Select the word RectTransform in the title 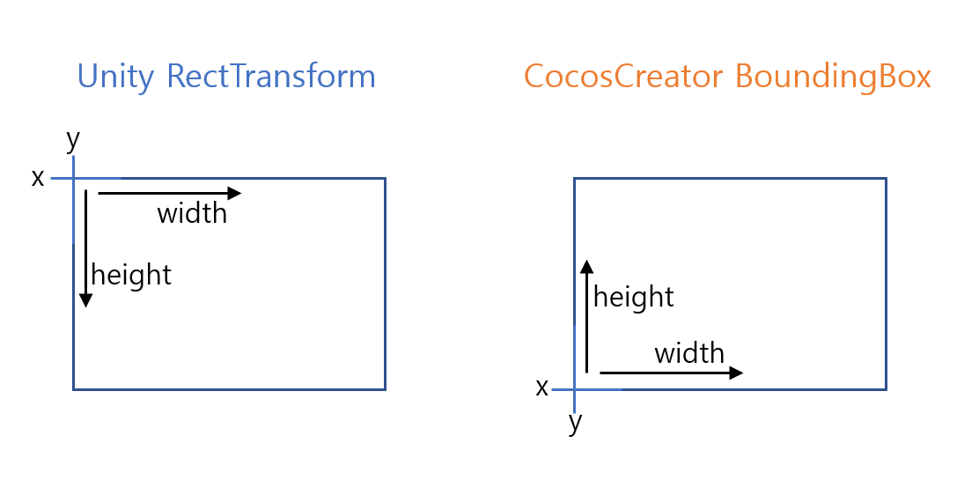pos(271,77)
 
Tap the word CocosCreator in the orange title pos(624,77)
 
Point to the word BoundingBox pos(833,77)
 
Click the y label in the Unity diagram pos(73,138)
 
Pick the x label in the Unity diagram pos(38,178)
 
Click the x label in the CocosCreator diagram pos(542,387)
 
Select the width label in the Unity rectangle pos(192,213)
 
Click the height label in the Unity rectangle pos(131,275)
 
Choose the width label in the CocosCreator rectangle pos(689,353)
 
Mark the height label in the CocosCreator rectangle pos(634,297)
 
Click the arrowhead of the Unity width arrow pos(235,193)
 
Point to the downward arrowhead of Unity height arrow pos(85,301)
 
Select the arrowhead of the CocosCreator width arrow pos(737,373)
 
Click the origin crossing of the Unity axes pos(73,178)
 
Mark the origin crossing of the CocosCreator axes pos(575,388)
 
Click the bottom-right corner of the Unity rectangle pos(385,388)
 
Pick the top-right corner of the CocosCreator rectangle pos(886,178)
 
